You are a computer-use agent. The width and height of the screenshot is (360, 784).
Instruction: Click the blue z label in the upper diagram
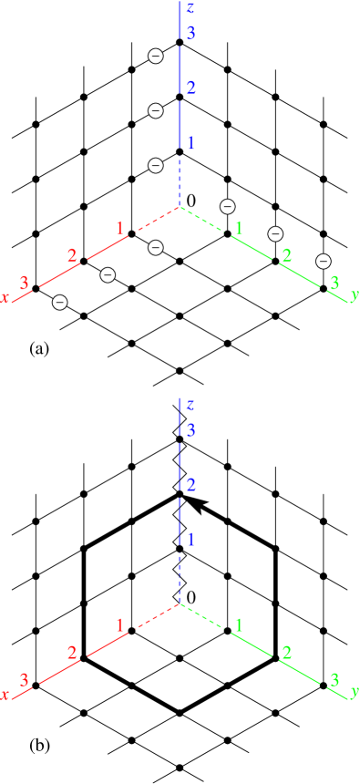(190, 9)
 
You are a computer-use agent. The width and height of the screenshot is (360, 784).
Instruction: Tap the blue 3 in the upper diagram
(190, 34)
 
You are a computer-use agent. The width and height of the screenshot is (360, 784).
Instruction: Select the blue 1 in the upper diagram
(190, 142)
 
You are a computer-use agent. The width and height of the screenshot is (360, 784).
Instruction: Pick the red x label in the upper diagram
(5, 298)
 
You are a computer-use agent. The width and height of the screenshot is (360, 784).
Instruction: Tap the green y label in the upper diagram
(354, 294)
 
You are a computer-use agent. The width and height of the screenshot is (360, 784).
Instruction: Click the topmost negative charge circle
(156, 57)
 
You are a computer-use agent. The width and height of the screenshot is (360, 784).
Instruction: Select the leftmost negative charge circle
(60, 302)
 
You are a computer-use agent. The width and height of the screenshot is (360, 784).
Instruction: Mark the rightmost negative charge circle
(323, 261)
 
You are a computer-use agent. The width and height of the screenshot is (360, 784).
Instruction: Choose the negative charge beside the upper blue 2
(156, 110)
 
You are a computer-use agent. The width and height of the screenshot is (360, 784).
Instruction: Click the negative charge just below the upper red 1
(156, 247)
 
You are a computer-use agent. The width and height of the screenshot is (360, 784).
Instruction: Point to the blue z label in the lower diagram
(190, 406)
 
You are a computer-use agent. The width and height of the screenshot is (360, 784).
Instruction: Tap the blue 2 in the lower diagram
(190, 485)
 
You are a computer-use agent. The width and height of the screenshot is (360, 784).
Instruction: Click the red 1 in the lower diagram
(119, 625)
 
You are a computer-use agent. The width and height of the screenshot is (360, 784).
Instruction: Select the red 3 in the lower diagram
(25, 680)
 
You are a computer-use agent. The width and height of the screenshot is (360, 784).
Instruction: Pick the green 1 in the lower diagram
(239, 625)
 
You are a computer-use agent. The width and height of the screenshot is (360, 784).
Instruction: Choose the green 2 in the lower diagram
(286, 653)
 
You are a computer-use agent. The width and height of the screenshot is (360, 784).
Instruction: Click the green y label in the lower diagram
(354, 691)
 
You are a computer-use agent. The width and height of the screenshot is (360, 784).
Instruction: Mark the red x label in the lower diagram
(5, 695)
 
